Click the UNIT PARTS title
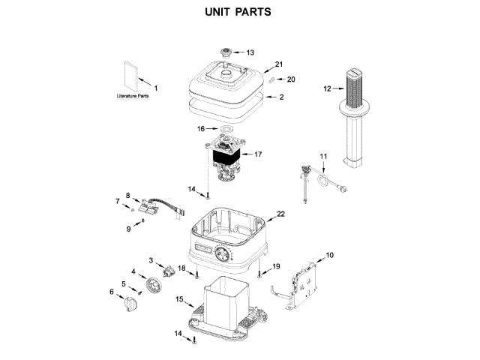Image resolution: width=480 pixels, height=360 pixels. tap(238, 13)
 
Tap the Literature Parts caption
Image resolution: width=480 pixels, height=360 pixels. tap(132, 97)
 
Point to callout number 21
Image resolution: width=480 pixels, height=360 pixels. tap(279, 64)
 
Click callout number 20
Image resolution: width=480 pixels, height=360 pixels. tap(291, 79)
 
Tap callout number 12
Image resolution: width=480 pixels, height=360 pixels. tap(327, 88)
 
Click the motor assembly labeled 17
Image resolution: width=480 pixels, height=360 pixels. tap(226, 160)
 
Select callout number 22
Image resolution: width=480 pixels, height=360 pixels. tap(281, 214)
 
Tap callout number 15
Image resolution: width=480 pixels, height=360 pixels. tap(179, 300)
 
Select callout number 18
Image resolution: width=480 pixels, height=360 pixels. tap(181, 268)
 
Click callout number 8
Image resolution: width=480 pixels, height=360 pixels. tap(127, 193)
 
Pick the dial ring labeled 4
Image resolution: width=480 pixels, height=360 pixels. tap(155, 285)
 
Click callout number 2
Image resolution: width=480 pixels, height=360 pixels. tap(281, 97)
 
